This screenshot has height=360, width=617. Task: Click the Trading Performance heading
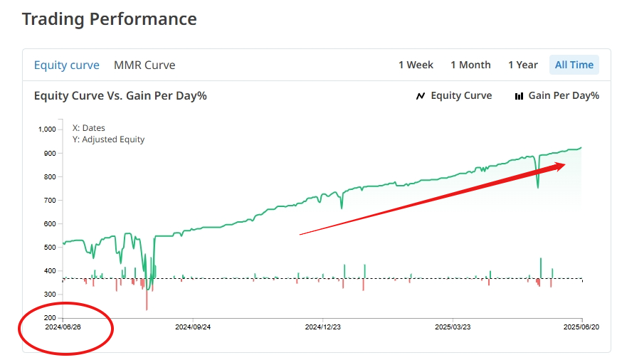pyautogui.click(x=110, y=19)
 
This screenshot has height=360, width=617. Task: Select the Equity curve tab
pyautogui.click(x=67, y=65)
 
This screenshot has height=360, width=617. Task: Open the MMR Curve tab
pyautogui.click(x=144, y=65)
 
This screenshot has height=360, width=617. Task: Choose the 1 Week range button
pyautogui.click(x=416, y=65)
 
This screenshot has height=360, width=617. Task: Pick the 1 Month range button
pyautogui.click(x=470, y=65)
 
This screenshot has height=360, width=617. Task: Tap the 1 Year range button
pyautogui.click(x=522, y=65)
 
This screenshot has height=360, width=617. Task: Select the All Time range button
pyautogui.click(x=574, y=65)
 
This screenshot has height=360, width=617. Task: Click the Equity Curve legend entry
pyautogui.click(x=454, y=95)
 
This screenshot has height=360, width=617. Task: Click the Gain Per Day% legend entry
pyautogui.click(x=557, y=95)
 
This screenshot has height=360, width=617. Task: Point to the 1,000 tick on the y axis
pyautogui.click(x=47, y=129)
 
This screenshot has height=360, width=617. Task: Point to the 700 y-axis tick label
pyautogui.click(x=50, y=200)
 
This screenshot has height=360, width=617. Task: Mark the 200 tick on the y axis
pyautogui.click(x=50, y=317)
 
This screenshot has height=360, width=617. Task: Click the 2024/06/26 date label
pyautogui.click(x=63, y=327)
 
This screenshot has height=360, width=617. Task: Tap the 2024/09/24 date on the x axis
pyautogui.click(x=193, y=327)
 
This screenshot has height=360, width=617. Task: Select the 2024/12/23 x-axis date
pyautogui.click(x=322, y=327)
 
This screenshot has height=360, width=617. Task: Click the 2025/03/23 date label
pyautogui.click(x=453, y=327)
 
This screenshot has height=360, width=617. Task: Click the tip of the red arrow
pyautogui.click(x=566, y=164)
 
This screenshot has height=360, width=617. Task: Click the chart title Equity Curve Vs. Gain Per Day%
pyautogui.click(x=120, y=95)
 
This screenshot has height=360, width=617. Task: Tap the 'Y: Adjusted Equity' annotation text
pyautogui.click(x=108, y=139)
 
